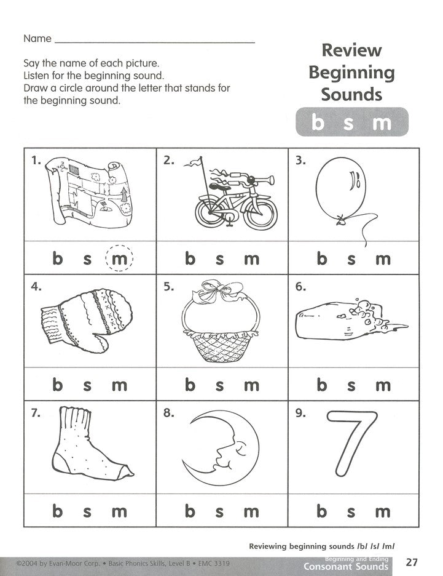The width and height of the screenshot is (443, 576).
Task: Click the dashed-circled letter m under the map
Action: click(x=119, y=259)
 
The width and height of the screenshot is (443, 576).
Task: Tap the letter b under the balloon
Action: click(x=321, y=259)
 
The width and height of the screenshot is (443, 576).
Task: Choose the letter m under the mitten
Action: click(x=119, y=385)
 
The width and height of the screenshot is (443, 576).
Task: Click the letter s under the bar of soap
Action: click(x=352, y=385)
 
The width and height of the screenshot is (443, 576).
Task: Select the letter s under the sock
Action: click(x=87, y=511)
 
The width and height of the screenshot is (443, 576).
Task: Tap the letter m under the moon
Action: click(x=251, y=511)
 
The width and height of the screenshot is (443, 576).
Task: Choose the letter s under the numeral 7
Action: click(x=352, y=511)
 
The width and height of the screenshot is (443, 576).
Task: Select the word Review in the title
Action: click(x=352, y=50)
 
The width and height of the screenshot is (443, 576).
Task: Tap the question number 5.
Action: click(x=168, y=287)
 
